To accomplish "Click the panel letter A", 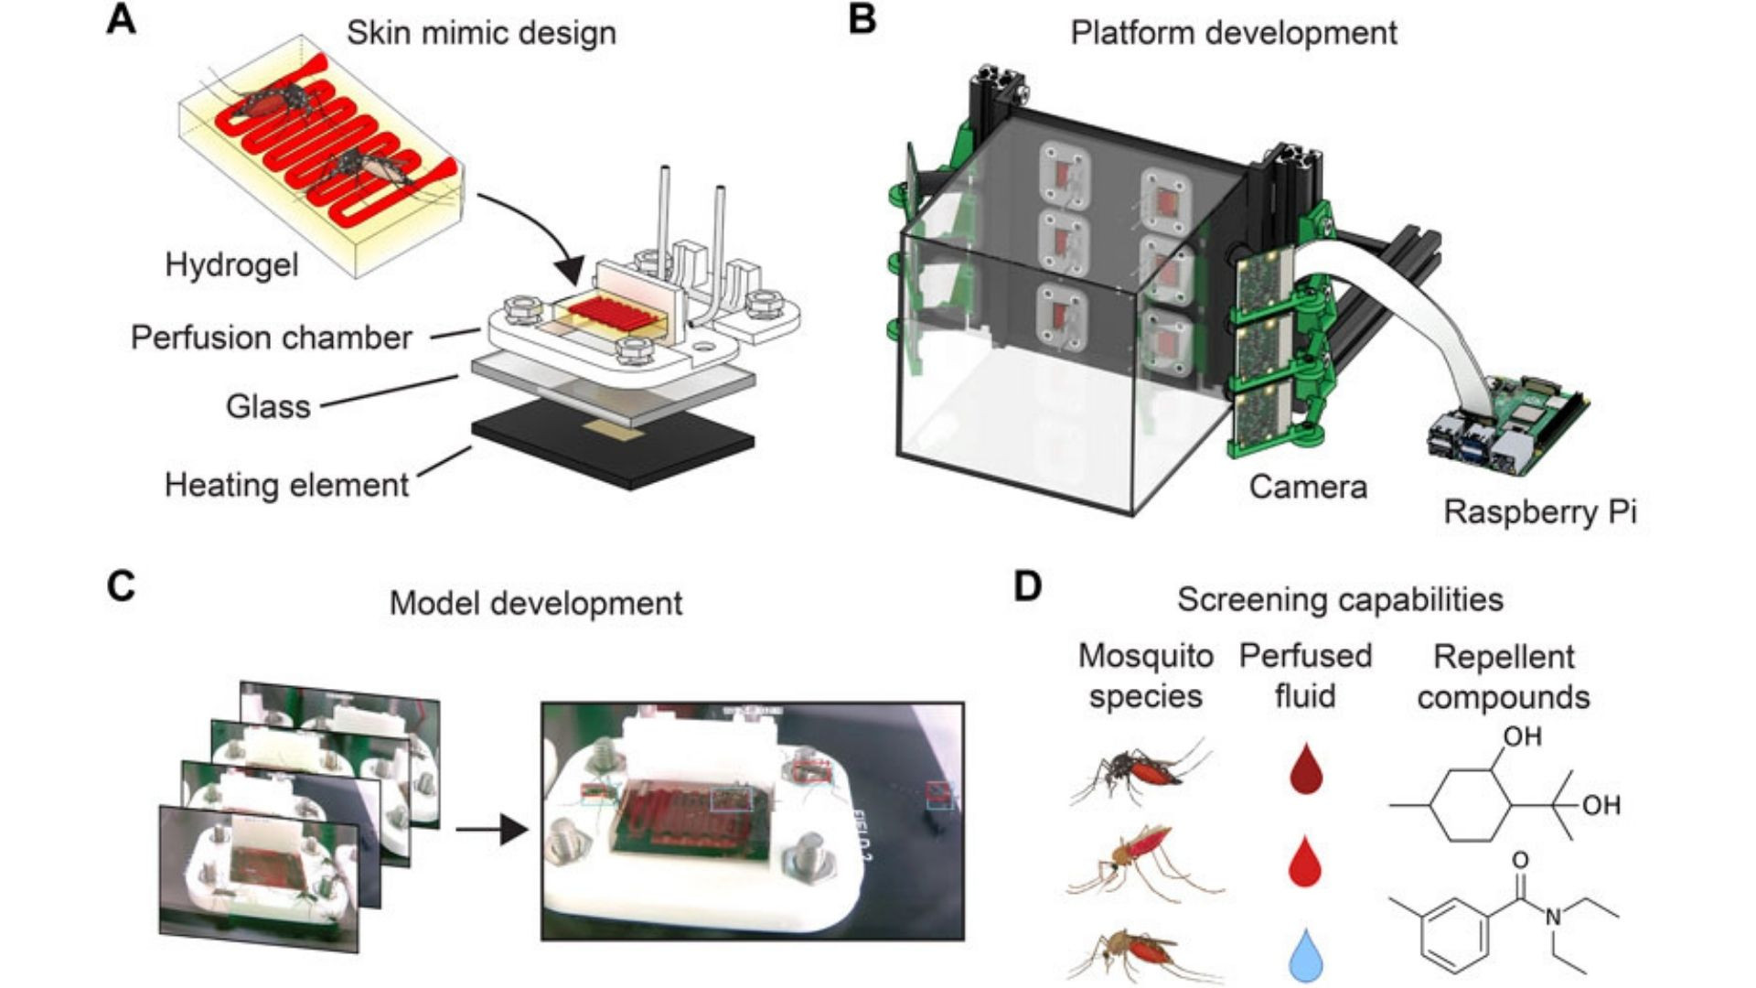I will click(122, 20).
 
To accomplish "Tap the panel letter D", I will click(1028, 586).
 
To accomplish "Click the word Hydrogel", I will click(231, 265).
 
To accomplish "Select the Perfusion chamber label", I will click(271, 338).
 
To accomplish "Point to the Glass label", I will click(268, 406).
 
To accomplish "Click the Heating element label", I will click(286, 485).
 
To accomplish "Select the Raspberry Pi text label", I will click(1539, 511).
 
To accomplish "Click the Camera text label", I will click(1308, 487).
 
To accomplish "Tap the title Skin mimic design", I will click(481, 33).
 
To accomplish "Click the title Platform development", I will click(1234, 33).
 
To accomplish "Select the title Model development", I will click(536, 604).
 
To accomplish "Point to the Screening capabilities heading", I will click(1340, 599).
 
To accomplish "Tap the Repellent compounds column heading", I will click(1504, 677).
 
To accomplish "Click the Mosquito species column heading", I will click(1145, 676).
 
